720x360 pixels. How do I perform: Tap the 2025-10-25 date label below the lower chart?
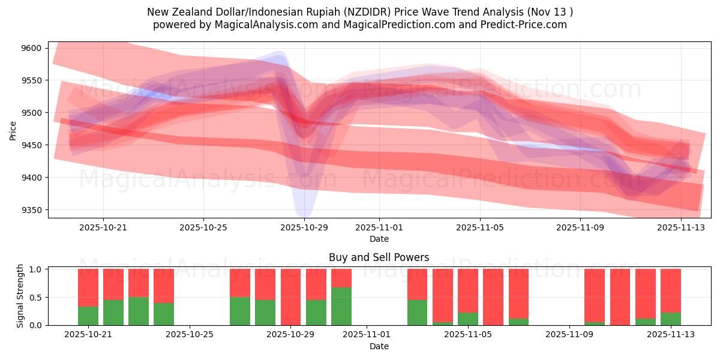[190, 335]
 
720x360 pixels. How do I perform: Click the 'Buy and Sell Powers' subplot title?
[379, 257]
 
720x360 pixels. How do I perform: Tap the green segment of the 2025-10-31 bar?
[341, 306]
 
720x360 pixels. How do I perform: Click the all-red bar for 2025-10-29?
[290, 297]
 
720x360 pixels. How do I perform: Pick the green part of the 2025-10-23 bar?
[139, 311]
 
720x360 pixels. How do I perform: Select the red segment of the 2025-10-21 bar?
[88, 287]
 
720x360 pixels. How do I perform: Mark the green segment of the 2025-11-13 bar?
[671, 319]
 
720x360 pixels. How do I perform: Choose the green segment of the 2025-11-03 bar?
[417, 312]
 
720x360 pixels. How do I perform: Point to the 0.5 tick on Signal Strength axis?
[37, 297]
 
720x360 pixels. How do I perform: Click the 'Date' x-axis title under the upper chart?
[379, 239]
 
